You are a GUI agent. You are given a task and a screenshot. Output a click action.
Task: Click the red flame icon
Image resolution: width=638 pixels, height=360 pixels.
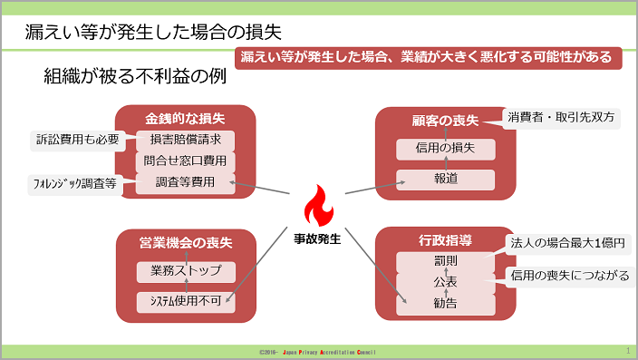pos(319,206)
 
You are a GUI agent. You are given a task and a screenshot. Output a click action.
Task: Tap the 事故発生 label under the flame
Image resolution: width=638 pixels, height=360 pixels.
pos(317,238)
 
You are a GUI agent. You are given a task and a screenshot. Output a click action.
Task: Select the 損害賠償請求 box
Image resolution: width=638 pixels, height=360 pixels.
pos(185,140)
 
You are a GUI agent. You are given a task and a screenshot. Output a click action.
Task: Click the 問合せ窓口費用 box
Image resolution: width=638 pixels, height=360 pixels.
pos(185,161)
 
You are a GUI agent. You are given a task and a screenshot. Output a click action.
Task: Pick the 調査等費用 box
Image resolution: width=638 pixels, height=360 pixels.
pos(185,182)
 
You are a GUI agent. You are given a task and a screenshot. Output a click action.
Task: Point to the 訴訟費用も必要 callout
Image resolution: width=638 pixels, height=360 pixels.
pos(78,140)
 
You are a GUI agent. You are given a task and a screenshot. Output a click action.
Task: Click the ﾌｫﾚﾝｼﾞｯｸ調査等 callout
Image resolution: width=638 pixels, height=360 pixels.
pos(75,184)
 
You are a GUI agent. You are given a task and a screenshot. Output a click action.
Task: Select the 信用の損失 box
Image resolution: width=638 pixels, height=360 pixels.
pos(446,149)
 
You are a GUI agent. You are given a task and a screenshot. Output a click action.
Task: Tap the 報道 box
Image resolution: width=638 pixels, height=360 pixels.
pos(446,180)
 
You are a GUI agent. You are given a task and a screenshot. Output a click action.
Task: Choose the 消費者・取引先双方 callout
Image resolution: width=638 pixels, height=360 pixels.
pos(561,118)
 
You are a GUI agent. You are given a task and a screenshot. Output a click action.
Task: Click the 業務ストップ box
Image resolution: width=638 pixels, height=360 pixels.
pos(186,272)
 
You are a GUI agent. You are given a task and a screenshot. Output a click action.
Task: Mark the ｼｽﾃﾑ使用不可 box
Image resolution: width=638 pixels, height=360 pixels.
pos(186,302)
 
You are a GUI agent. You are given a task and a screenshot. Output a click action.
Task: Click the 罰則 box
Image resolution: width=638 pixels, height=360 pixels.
pos(446,261)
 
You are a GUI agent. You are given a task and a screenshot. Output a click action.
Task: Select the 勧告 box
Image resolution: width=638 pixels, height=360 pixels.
pos(446,304)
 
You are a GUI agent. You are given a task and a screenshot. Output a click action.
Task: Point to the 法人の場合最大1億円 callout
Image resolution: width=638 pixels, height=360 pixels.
pos(567,244)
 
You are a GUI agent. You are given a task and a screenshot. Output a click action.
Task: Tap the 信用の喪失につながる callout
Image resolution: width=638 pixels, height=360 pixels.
pos(570,277)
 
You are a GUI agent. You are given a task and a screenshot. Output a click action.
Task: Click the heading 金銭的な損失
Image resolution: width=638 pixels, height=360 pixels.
pos(185,119)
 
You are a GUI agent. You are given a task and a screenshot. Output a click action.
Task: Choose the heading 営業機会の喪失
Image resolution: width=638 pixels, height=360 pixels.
pos(186,243)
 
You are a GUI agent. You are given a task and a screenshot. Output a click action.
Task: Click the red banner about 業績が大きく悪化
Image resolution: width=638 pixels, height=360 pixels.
pos(429,58)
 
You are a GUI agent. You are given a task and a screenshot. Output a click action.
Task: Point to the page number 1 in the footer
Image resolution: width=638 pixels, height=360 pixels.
pos(628,350)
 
